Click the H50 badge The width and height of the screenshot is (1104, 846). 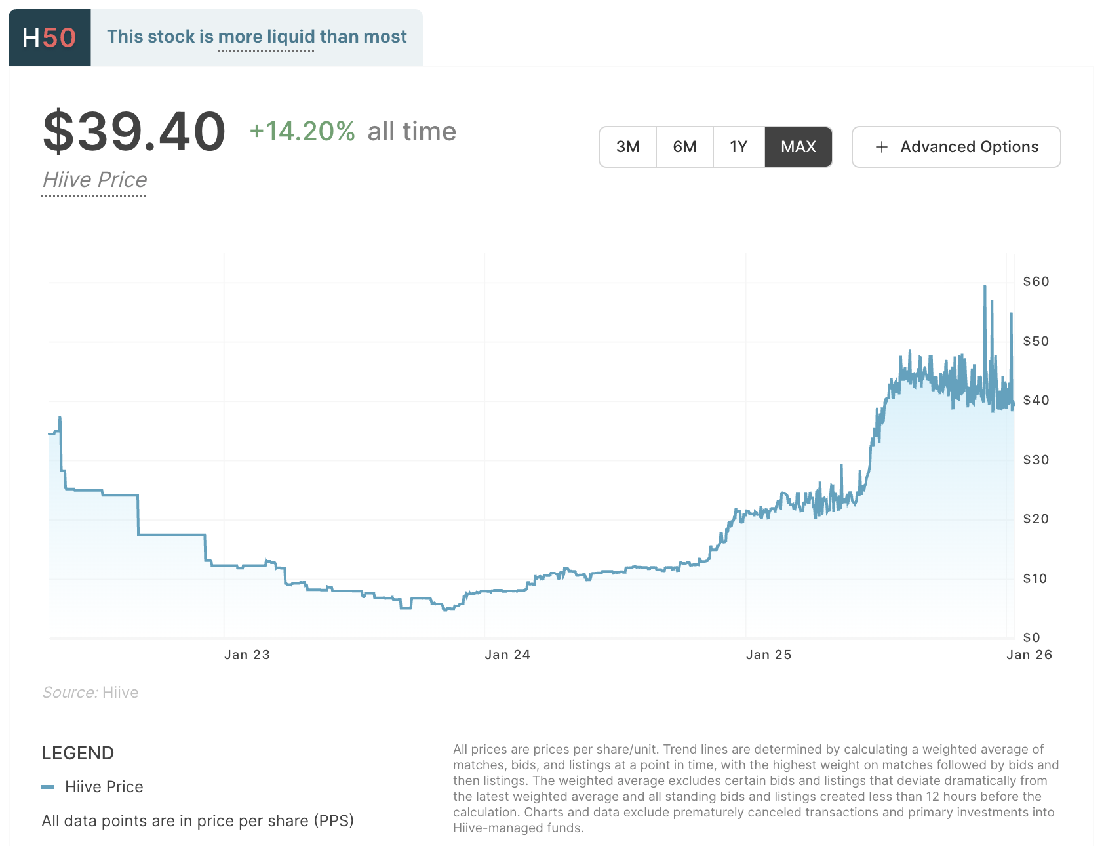(x=49, y=37)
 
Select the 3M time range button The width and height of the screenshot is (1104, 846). (x=627, y=147)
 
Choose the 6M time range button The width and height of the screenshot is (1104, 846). (x=684, y=147)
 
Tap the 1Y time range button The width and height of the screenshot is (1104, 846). (x=738, y=147)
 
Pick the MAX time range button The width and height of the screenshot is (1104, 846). (x=798, y=147)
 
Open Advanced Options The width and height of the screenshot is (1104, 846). (x=956, y=147)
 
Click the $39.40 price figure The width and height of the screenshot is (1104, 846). (x=134, y=132)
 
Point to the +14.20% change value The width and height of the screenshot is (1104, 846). (x=302, y=132)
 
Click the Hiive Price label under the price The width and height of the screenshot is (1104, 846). (x=94, y=180)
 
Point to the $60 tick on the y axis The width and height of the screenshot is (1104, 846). (x=1036, y=282)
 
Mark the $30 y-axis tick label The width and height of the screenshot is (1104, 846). (x=1036, y=460)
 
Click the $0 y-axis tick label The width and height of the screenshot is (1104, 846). (x=1032, y=637)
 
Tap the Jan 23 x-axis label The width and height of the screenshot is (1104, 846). (x=247, y=655)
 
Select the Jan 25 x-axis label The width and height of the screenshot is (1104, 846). (x=768, y=655)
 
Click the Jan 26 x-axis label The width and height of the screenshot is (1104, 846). (x=1029, y=655)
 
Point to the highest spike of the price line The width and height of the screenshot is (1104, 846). (x=985, y=287)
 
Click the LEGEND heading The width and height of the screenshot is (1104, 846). (x=78, y=753)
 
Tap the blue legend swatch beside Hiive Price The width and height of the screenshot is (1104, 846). (x=48, y=787)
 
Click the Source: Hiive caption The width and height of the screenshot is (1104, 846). (x=90, y=693)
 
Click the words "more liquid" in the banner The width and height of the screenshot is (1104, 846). (x=266, y=37)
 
